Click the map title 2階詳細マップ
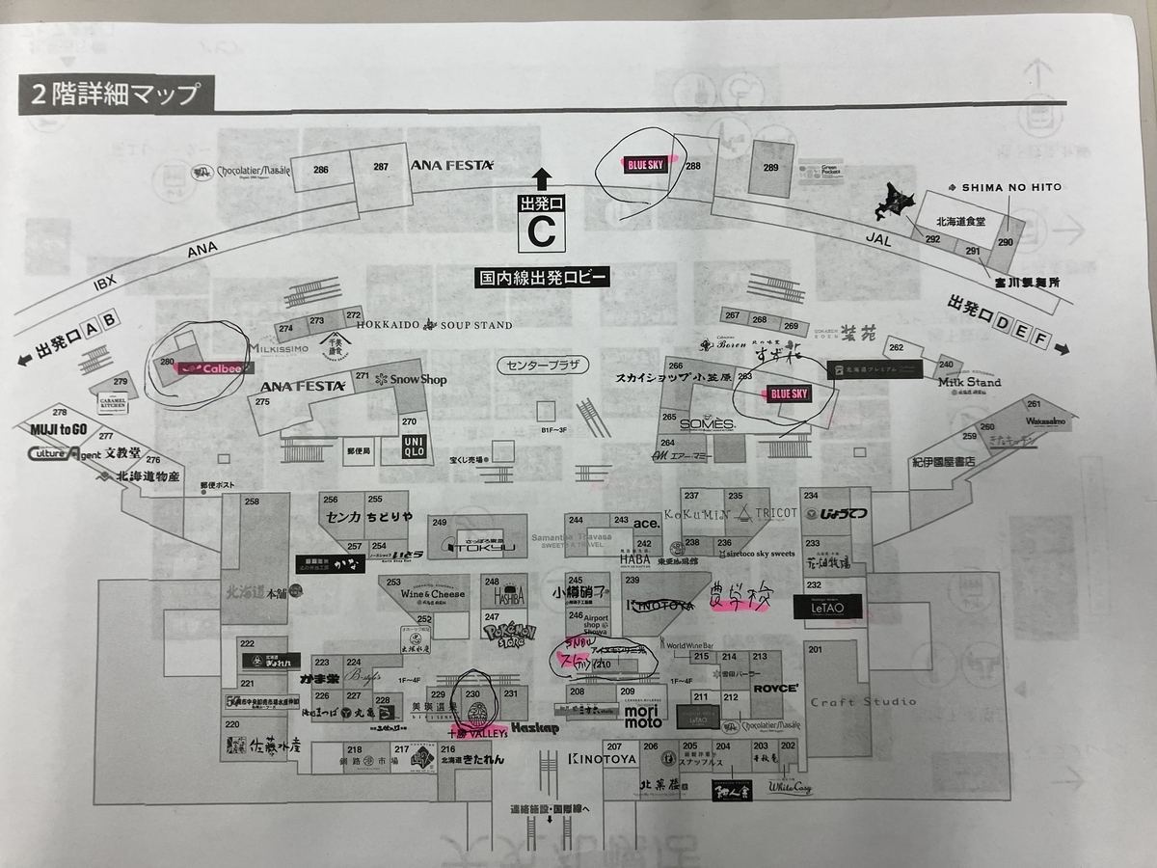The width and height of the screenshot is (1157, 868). tap(115, 95)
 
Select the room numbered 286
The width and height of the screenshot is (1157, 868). tap(321, 171)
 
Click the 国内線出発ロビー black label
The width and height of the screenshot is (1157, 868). tap(543, 278)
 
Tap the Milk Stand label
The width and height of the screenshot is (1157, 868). tap(969, 382)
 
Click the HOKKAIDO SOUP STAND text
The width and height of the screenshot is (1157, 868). tap(435, 326)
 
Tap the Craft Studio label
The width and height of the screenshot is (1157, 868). tap(864, 701)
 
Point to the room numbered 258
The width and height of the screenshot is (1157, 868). tap(253, 502)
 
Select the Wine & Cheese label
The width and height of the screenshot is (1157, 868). tap(433, 594)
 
